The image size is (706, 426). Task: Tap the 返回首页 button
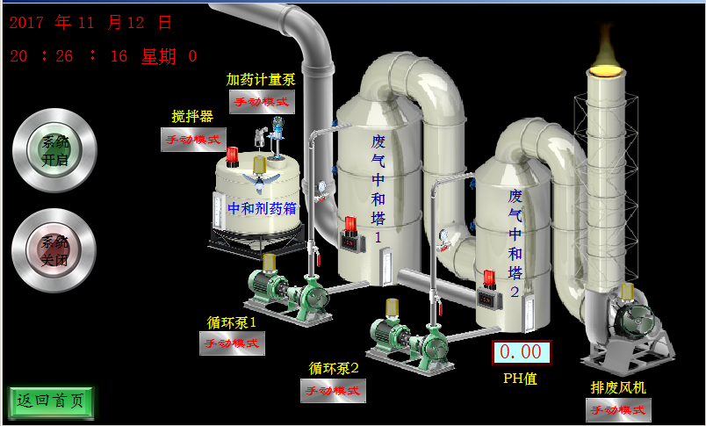[x=51, y=402]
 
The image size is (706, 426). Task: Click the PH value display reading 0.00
[x=521, y=352]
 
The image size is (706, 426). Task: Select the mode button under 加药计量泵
[x=263, y=102]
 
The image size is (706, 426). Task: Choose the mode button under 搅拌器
[x=193, y=139]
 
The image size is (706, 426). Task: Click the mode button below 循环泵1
[x=232, y=343]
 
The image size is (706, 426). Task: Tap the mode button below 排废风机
[x=619, y=409]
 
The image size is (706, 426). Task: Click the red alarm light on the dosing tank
[x=232, y=156]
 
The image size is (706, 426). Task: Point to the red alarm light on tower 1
[x=350, y=226]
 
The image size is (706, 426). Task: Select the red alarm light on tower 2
[x=489, y=279]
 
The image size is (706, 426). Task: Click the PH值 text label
[x=520, y=379]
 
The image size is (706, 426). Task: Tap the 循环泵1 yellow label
[x=231, y=322]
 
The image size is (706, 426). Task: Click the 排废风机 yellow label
[x=619, y=387]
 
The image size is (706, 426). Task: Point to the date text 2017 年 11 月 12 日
[x=91, y=23]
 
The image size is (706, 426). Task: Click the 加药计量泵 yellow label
[x=261, y=80]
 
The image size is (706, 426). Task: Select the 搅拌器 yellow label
[x=192, y=117]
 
